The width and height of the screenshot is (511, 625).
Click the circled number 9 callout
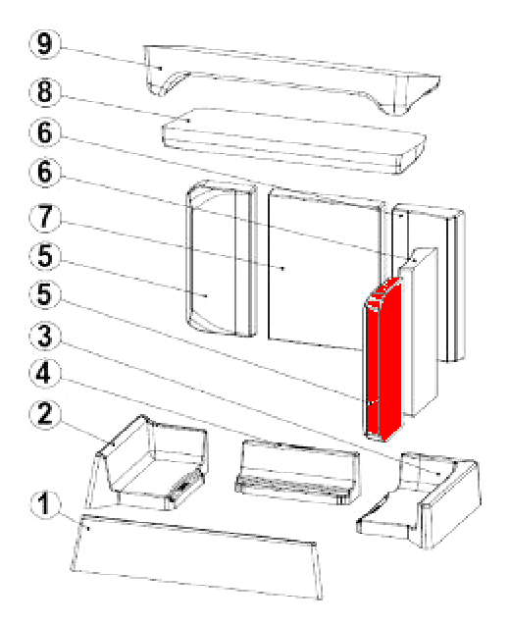coord(44,44)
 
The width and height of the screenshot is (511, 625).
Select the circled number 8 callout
coord(44,92)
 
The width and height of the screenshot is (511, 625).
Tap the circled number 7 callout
coord(44,218)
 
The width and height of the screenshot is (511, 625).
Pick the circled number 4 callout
coord(44,374)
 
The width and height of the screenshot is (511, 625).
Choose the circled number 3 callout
coord(44,336)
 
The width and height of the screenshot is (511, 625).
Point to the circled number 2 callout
coord(44,414)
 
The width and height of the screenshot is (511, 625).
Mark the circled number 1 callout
coord(44,504)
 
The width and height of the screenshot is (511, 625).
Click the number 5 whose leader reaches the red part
coord(44,295)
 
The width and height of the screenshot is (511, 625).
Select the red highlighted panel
coord(383,360)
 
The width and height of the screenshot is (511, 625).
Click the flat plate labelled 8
coord(294,140)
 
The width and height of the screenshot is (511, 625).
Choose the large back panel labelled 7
coord(325,268)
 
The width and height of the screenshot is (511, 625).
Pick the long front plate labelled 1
coord(197,555)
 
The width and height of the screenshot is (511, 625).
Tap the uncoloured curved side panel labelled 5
coord(222,258)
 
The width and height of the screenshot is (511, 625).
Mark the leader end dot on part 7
coord(282,268)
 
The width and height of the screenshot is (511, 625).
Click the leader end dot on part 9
coord(160,68)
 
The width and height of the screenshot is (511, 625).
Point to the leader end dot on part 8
coord(188,121)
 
